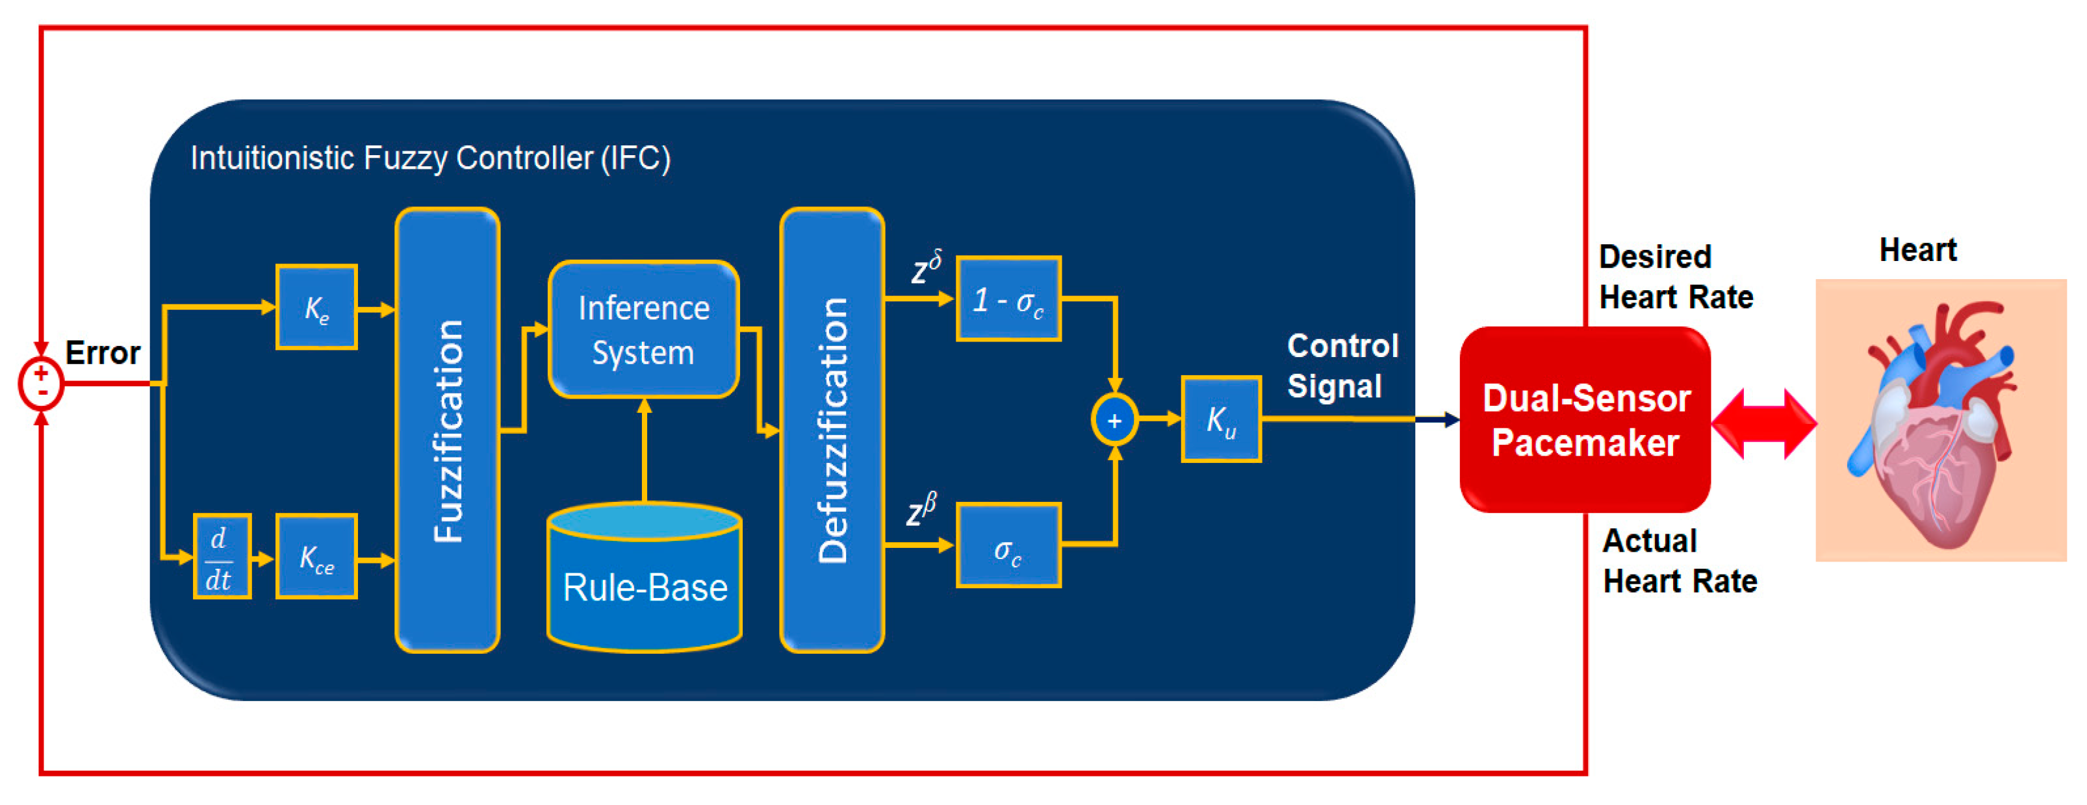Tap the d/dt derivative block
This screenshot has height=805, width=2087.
222,556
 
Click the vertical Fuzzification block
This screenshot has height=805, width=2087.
447,430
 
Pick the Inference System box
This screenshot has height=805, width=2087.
644,330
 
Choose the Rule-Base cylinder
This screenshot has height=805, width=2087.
645,576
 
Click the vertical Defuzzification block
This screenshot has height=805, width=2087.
832,430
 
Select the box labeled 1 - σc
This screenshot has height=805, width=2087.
1008,299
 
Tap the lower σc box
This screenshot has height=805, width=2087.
1008,545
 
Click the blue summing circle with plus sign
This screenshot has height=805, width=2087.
1115,419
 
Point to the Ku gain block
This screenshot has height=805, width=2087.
1221,419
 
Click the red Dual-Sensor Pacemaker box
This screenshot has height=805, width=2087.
1585,419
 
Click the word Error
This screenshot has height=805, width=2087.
103,353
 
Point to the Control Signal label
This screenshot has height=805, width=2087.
1342,366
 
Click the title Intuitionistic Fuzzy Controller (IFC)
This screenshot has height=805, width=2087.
430,158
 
